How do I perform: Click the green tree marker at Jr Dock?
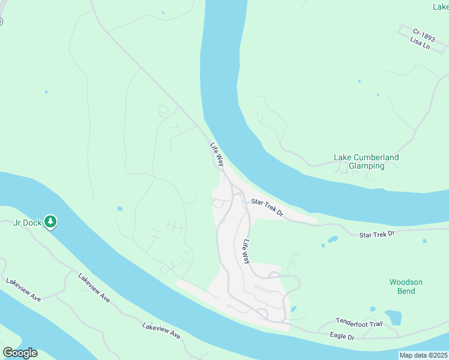pyautogui.click(x=51, y=222)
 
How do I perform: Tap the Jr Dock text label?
pyautogui.click(x=28, y=223)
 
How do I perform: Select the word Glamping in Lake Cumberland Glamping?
pyautogui.click(x=366, y=166)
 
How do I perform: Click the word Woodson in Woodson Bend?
pyautogui.click(x=406, y=282)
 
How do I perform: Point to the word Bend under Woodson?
pyautogui.click(x=406, y=291)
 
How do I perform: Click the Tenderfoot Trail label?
pyautogui.click(x=359, y=324)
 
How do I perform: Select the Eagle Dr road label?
pyautogui.click(x=342, y=337)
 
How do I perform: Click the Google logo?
pyautogui.click(x=20, y=353)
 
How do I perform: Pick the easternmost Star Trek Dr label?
pyautogui.click(x=377, y=233)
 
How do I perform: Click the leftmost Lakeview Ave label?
pyautogui.click(x=23, y=289)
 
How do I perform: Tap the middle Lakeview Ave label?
pyautogui.click(x=94, y=288)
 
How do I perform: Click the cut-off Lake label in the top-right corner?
pyautogui.click(x=441, y=7)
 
